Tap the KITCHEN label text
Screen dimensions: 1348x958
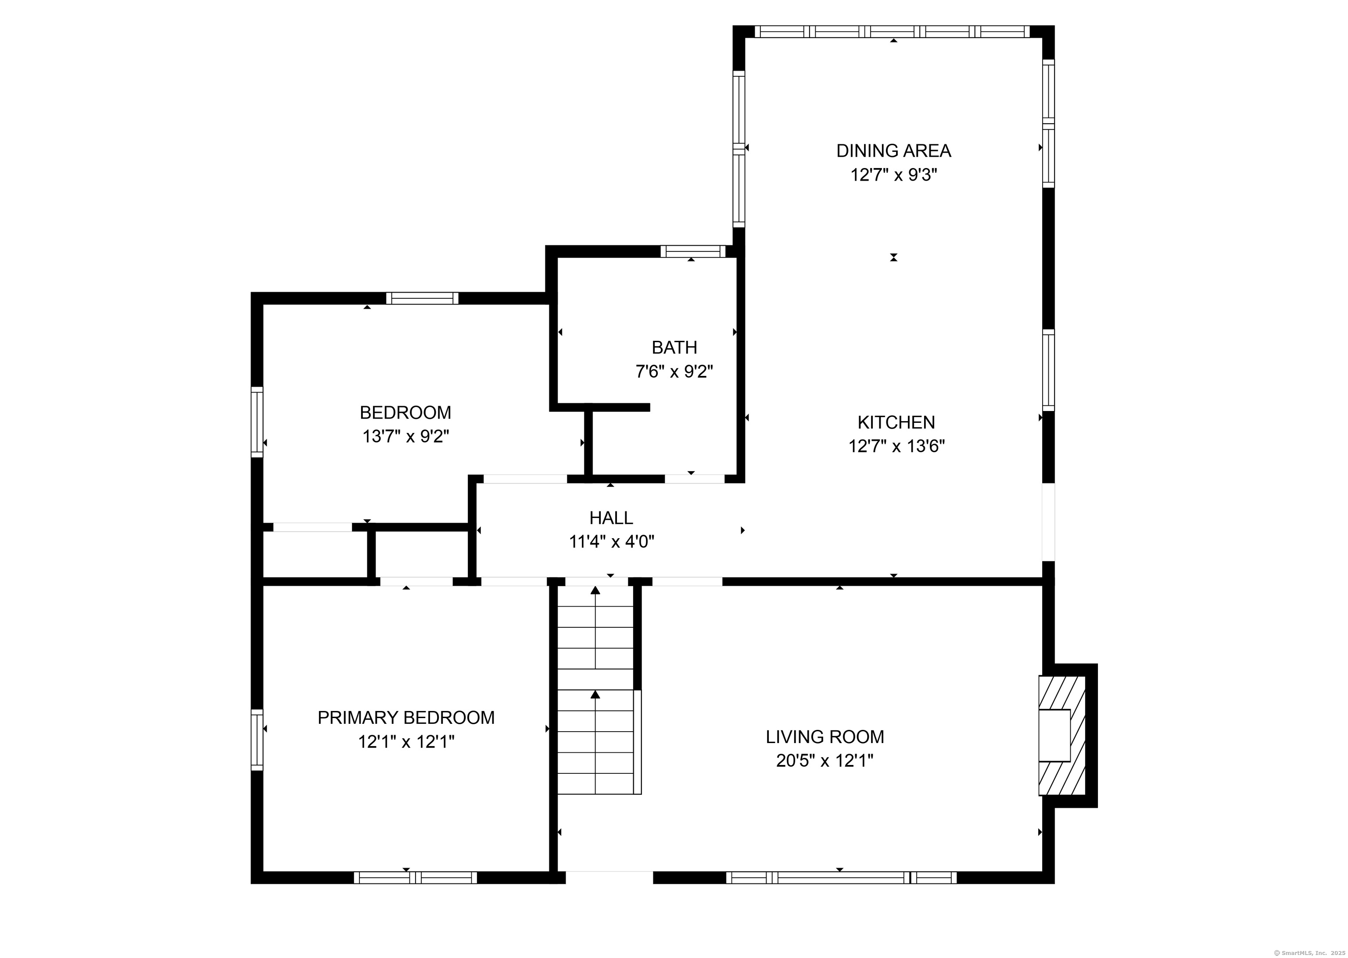[x=896, y=422]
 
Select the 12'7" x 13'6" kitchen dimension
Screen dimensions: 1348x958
[x=896, y=447]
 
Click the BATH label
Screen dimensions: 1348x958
[x=674, y=347]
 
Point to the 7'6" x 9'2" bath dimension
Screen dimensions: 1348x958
[x=674, y=372]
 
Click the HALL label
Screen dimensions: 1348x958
[x=611, y=518]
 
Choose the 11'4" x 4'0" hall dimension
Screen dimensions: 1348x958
[x=612, y=542]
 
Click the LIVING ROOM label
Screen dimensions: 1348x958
[x=825, y=737]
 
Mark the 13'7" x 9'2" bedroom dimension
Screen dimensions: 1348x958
[x=406, y=436]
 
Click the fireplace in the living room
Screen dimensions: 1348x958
[x=1062, y=736]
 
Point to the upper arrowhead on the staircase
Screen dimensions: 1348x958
[x=595, y=589]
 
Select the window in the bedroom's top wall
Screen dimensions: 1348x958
[x=423, y=298]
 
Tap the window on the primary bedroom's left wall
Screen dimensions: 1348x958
[x=257, y=740]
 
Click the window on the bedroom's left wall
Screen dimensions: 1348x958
[x=257, y=422]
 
